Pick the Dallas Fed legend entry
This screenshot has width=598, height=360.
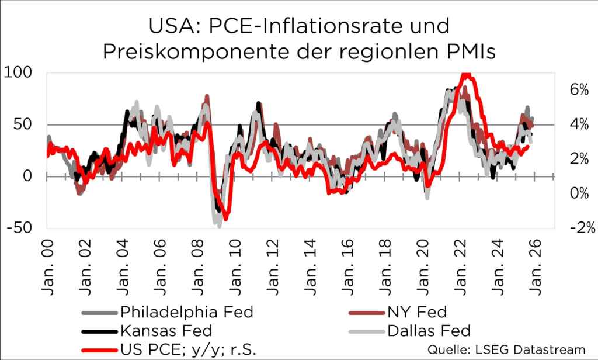click(429, 331)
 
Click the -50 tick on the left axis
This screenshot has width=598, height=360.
click(21, 228)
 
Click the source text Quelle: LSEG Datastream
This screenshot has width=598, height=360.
click(507, 349)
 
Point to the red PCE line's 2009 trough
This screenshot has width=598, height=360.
click(225, 217)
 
